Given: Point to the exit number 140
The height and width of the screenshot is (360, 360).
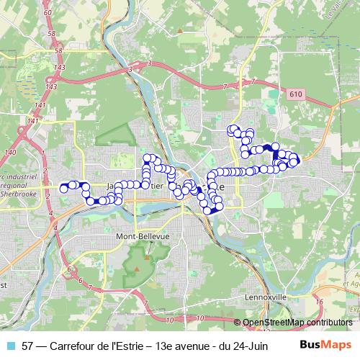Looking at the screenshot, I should tap(9, 153).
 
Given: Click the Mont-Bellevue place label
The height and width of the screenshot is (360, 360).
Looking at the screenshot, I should tap(142, 236).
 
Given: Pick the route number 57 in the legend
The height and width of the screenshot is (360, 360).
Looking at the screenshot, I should tap(28, 346).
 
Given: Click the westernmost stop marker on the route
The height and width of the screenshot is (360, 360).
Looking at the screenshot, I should tap(63, 189).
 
